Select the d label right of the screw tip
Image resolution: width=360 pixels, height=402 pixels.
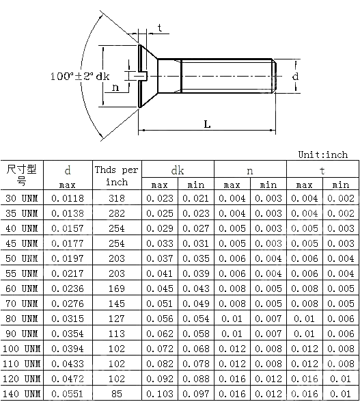click(295, 76)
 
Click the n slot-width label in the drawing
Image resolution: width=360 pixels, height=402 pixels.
click(115, 87)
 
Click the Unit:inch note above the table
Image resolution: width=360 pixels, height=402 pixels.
click(323, 155)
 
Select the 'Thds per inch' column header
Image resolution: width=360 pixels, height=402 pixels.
click(116, 176)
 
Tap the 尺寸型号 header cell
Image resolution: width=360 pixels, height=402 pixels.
click(22, 175)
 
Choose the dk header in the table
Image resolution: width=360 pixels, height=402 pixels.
click(178, 170)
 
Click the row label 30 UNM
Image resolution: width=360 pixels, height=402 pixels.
click(22, 198)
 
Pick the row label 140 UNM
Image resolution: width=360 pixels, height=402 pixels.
click(22, 394)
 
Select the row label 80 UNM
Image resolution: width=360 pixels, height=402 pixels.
click(22, 319)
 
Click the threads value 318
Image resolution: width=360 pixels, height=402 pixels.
click(116, 198)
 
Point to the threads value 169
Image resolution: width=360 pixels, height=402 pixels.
click(116, 289)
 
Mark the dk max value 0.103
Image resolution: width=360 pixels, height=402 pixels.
click(160, 394)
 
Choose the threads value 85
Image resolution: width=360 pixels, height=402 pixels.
click(116, 394)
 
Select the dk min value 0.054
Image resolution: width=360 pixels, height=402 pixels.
click(196, 319)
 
